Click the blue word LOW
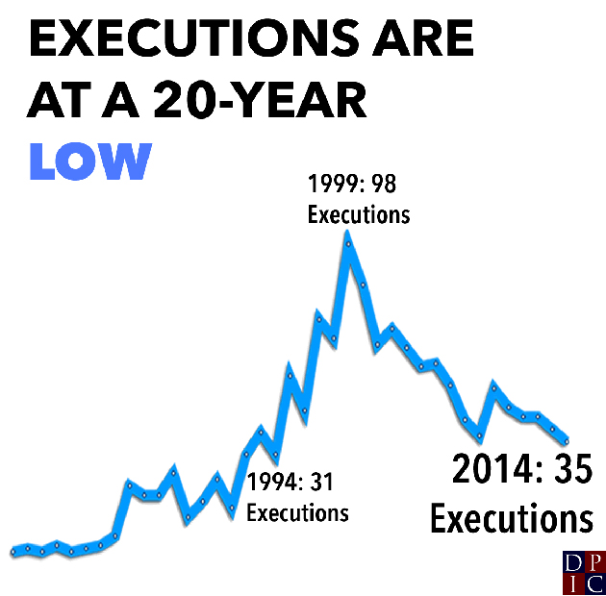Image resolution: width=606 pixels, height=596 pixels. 90,161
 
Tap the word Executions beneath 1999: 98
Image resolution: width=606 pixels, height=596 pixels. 359,212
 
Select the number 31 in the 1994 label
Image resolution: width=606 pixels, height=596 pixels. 331,481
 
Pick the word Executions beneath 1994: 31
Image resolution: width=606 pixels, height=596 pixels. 297,511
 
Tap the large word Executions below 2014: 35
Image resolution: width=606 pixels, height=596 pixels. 511,519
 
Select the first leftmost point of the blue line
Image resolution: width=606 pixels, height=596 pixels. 13,552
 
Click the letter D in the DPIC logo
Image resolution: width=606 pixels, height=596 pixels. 573,563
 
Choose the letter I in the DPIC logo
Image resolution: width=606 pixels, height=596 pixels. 573,584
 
